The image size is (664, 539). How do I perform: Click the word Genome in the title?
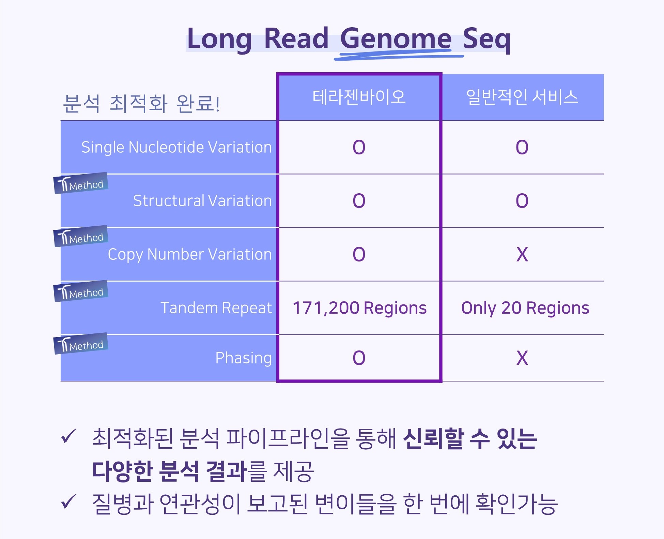[x=396, y=39]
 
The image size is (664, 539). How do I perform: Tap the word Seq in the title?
[x=487, y=39]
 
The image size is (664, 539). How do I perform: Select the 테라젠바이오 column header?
[x=359, y=97]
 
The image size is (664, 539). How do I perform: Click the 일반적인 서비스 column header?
[x=522, y=97]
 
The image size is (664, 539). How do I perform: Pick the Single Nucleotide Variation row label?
[x=176, y=147]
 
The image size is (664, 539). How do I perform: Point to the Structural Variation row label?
[x=202, y=200]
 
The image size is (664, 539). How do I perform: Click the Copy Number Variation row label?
[x=190, y=254]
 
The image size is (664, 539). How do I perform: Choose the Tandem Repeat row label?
[x=216, y=308]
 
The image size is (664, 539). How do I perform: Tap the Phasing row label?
[x=244, y=358]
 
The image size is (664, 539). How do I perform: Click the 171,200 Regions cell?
[x=359, y=308]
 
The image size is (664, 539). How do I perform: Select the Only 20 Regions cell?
[x=525, y=308]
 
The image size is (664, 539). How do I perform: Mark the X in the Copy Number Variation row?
[x=522, y=254]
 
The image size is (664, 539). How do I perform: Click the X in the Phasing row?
[x=522, y=358]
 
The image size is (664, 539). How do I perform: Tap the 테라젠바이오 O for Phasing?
[x=359, y=358]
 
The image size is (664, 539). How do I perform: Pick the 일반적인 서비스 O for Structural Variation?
[x=522, y=200]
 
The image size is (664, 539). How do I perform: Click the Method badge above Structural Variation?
[x=81, y=183]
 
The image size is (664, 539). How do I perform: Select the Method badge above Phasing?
[x=81, y=344]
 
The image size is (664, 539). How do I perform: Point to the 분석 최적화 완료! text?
[x=141, y=103]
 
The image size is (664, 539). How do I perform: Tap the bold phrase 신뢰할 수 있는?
[x=470, y=438]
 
